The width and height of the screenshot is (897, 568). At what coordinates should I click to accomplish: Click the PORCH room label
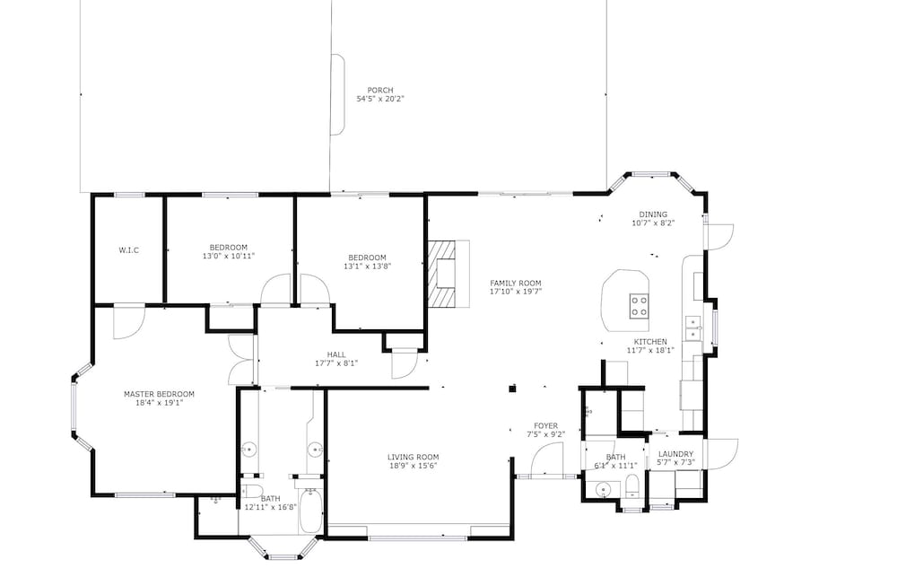[x=379, y=91]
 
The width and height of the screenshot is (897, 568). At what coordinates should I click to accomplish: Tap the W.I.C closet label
[x=128, y=250]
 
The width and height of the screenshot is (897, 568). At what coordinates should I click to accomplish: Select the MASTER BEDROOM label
[x=159, y=394]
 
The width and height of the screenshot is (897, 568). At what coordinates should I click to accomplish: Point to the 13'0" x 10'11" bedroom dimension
[x=228, y=257]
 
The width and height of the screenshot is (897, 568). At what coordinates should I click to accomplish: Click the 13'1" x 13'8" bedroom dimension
[x=367, y=266]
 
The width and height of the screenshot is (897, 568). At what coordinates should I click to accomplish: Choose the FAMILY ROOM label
[x=516, y=284]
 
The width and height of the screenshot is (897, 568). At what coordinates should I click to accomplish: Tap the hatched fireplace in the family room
[x=443, y=274]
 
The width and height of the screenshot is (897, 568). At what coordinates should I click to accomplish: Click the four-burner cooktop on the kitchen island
[x=639, y=305]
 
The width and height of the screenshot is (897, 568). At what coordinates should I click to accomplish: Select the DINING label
[x=653, y=214]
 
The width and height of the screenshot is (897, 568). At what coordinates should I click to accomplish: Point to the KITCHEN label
[x=650, y=342]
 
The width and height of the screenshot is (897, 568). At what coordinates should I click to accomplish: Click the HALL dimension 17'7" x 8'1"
[x=336, y=363]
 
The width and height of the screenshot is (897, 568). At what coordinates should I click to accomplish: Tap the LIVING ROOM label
[x=413, y=457]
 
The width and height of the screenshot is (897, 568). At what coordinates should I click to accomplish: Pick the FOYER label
[x=545, y=426]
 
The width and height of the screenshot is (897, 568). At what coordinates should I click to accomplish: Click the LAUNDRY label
[x=675, y=454]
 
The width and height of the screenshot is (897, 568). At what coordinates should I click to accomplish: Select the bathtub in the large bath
[x=310, y=511]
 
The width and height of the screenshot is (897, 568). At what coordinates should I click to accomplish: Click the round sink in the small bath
[x=603, y=490]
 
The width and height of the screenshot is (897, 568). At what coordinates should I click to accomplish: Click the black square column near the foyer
[x=512, y=389]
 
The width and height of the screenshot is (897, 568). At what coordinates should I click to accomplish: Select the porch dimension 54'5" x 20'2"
[x=379, y=99]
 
